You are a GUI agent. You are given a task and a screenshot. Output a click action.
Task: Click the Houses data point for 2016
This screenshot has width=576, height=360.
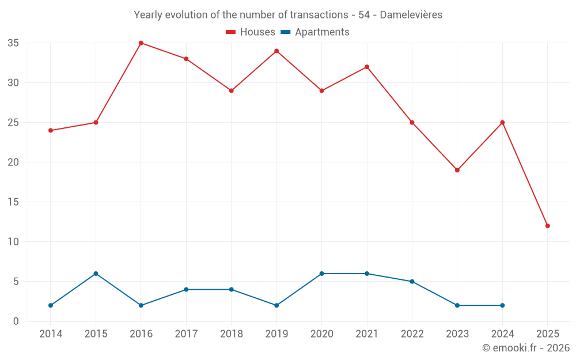coord(141,43)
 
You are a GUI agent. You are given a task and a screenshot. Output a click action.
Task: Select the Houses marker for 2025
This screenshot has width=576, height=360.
coord(547,226)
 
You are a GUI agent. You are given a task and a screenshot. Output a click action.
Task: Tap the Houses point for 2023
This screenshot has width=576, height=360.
coord(457,170)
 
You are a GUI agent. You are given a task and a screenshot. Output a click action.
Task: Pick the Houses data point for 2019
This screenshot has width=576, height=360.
coord(276,51)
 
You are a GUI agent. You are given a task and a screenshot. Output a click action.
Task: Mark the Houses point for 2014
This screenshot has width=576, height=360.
coord(51,131)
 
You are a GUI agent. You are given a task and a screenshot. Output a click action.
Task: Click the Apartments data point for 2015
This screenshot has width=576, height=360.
coord(96,274)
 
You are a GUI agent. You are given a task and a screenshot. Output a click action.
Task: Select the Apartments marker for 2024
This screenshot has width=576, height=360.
coord(502,305)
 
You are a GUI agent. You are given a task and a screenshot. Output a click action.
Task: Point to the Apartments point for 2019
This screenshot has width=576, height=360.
coord(276,305)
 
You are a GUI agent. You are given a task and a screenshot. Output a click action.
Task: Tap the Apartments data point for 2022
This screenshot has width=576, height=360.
coord(412,282)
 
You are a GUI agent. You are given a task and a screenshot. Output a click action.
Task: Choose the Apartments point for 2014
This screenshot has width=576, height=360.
coord(51,305)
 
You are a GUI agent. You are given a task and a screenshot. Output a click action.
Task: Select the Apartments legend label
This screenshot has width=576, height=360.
coord(322,32)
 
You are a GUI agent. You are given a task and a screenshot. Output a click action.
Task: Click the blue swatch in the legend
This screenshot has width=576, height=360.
coord(286,32)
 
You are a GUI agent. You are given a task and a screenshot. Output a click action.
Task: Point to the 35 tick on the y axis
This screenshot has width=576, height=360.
coord(13,43)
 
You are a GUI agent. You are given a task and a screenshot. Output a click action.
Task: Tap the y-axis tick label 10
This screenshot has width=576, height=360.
coord(13,242)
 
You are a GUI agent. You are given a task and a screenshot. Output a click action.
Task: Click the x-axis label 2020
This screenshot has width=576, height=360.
coord(321,334)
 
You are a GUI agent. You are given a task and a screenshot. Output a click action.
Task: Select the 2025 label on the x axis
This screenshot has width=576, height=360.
coord(547,334)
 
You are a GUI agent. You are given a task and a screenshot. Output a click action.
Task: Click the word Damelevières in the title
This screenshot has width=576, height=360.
coord(411,15)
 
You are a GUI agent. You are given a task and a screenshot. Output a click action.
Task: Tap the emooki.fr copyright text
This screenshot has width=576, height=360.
coord(526,348)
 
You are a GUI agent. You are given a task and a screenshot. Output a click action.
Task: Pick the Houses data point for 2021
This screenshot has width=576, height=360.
coord(367,67)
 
